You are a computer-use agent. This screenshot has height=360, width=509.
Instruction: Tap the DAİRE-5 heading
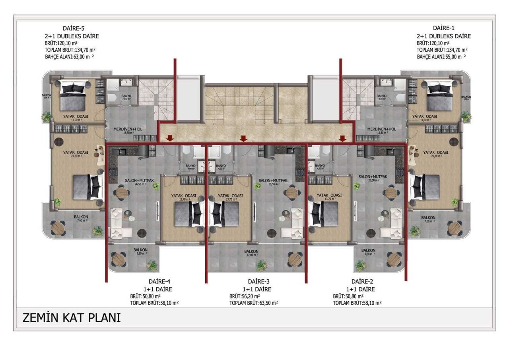tap(74, 28)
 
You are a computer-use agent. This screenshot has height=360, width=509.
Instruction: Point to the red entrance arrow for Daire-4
tap(170, 138)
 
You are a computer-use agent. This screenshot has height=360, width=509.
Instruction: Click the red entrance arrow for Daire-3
tap(244, 138)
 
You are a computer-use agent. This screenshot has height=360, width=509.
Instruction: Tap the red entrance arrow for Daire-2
tap(342, 138)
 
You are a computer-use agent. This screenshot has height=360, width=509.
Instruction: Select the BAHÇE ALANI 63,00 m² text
tap(70, 57)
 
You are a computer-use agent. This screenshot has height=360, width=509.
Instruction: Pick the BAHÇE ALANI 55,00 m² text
tap(441, 57)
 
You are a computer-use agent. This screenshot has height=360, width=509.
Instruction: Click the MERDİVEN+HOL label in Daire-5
tap(122, 129)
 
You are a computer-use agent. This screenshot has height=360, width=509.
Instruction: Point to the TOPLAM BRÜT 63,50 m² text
tap(253, 303)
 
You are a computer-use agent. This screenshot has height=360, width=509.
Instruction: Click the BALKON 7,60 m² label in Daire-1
tap(428, 218)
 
